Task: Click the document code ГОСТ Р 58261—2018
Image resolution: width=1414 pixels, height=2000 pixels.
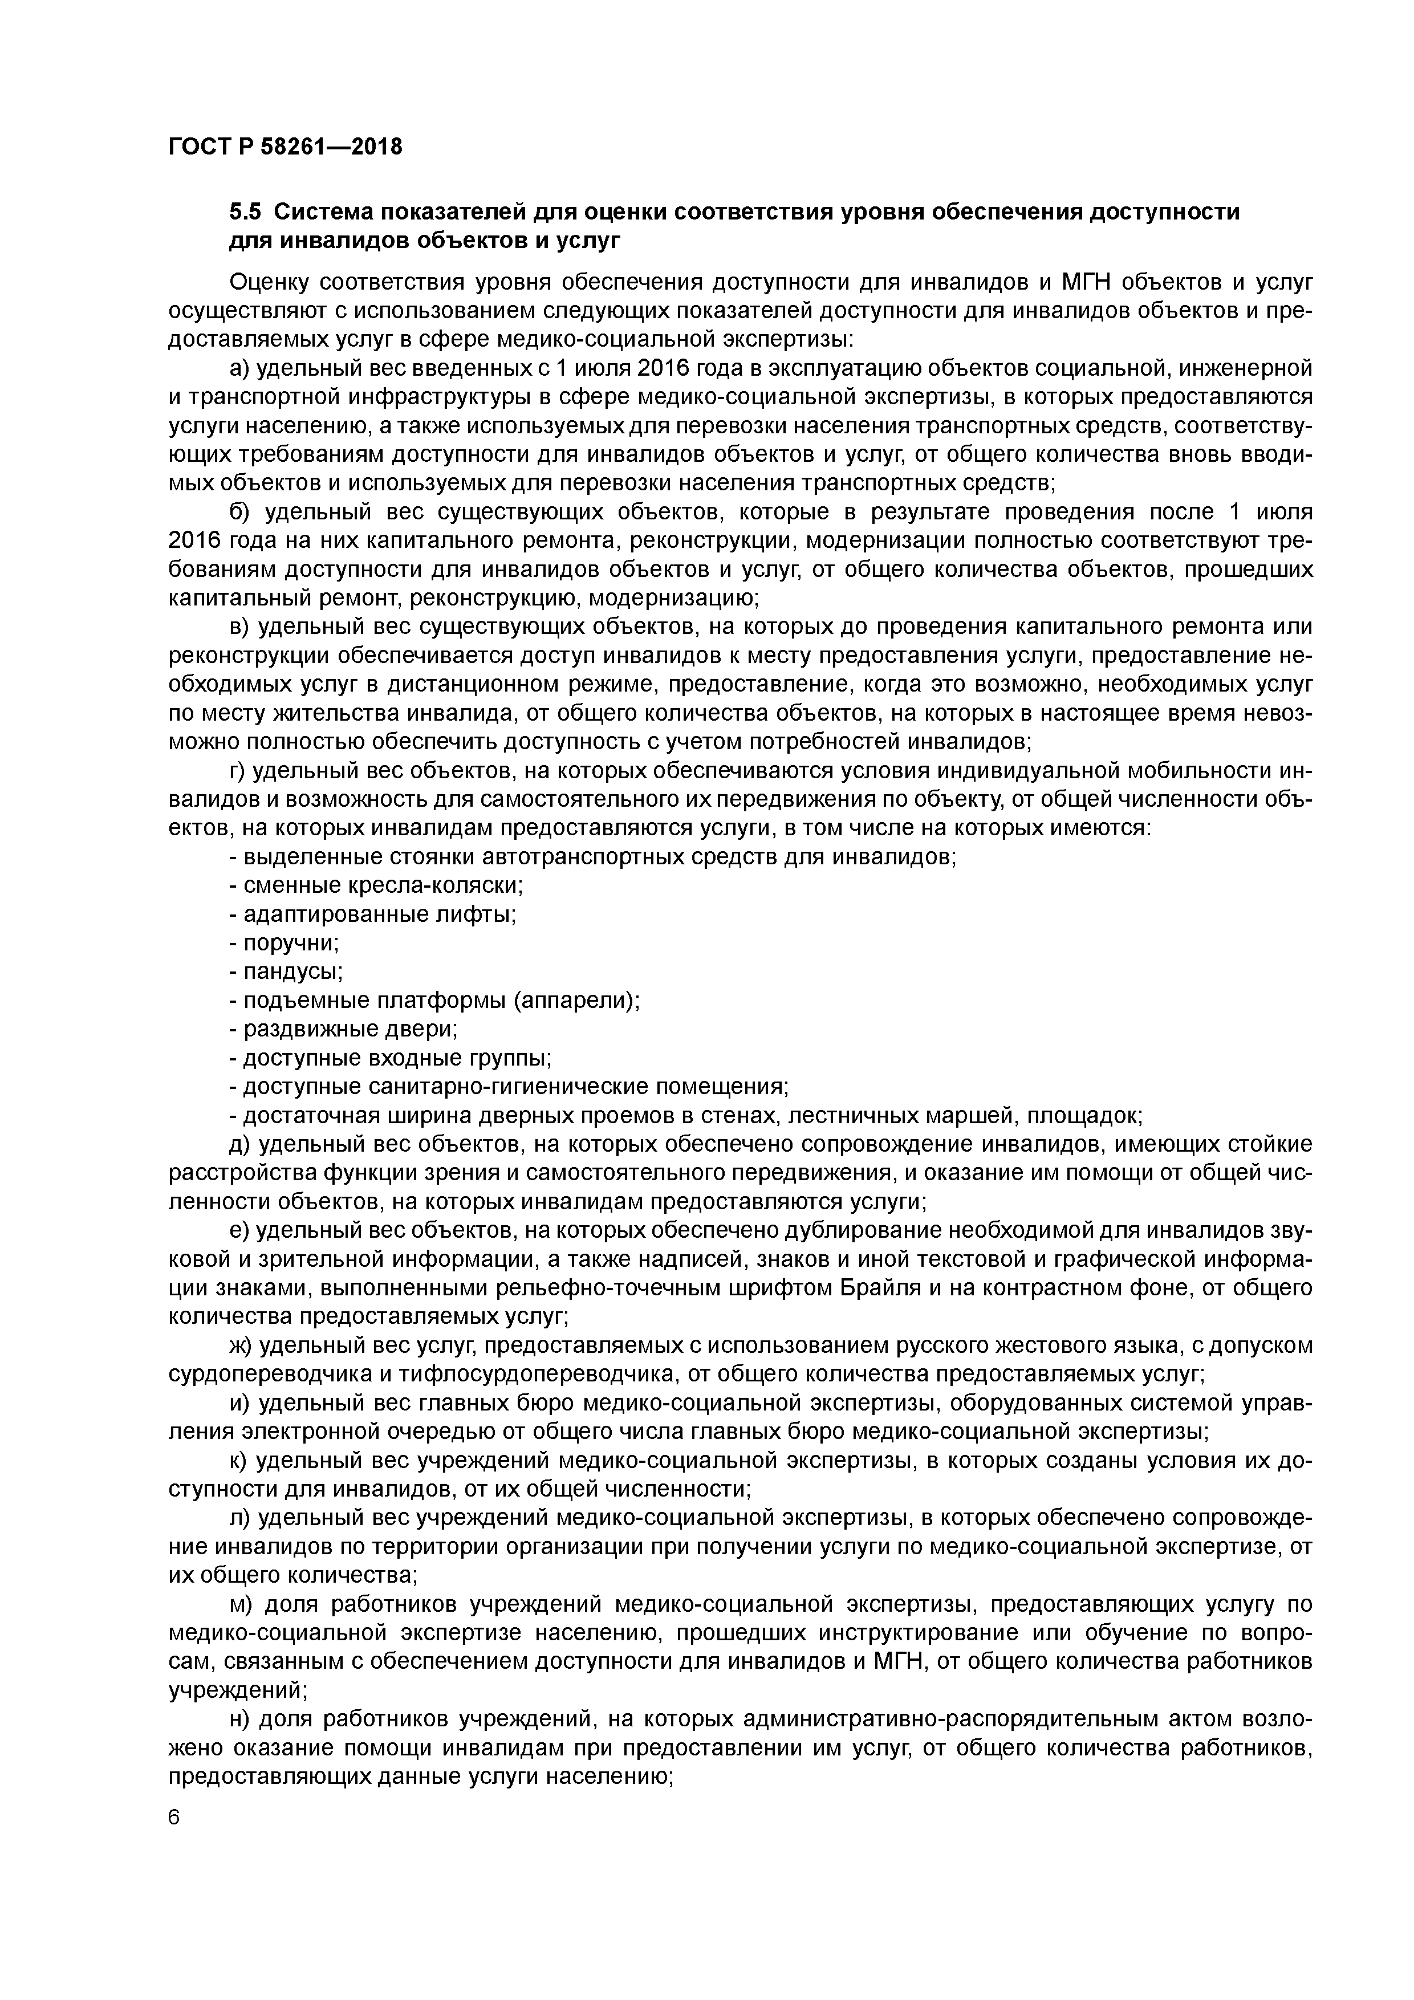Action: pyautogui.click(x=285, y=147)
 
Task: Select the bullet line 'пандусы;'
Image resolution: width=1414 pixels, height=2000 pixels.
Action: pyautogui.click(x=286, y=972)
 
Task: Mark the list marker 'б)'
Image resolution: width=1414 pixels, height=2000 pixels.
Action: pyautogui.click(x=239, y=511)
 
